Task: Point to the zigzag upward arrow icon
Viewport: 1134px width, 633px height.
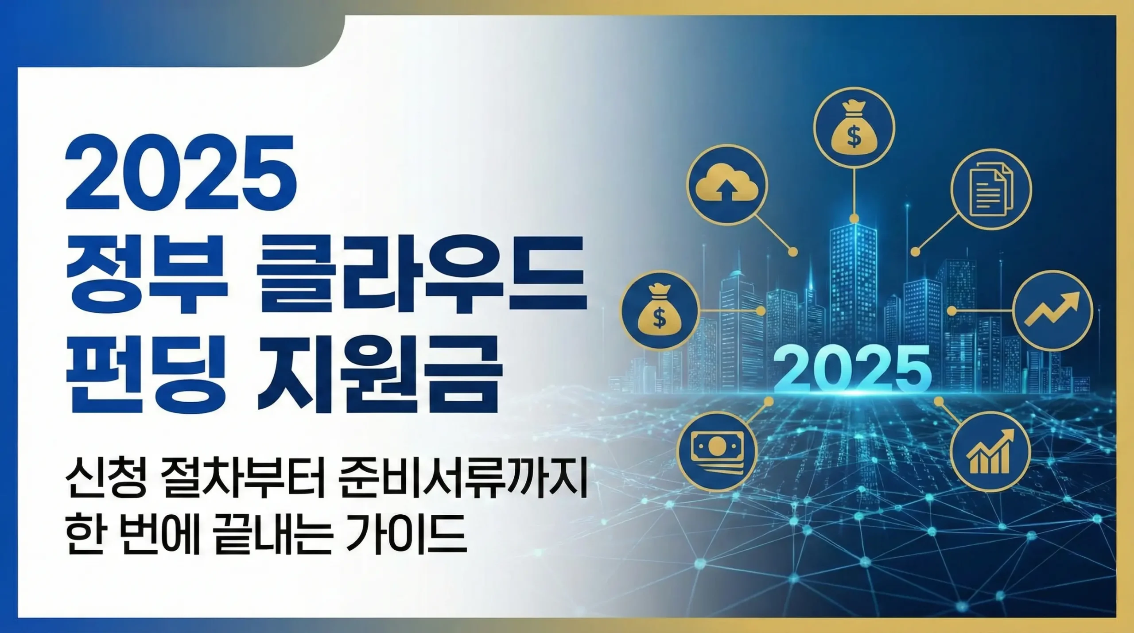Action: click(x=1052, y=311)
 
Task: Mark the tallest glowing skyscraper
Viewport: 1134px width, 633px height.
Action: click(x=853, y=283)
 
